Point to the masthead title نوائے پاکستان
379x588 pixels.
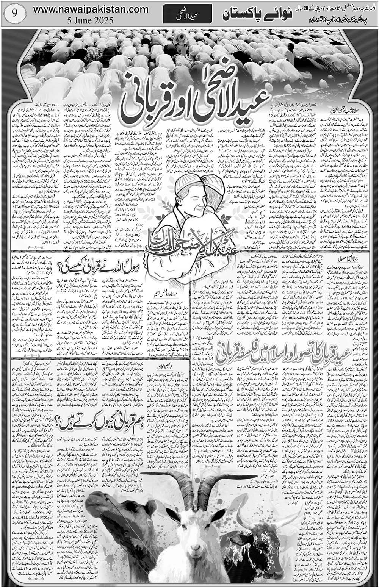[247, 16]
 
